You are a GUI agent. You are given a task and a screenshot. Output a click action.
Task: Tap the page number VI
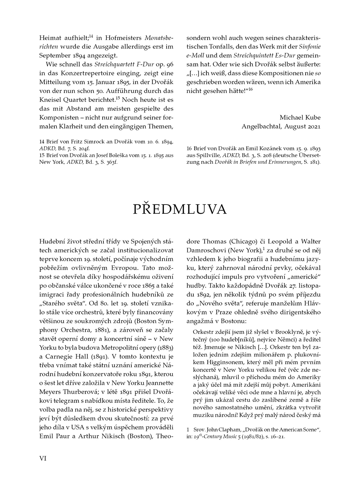(x=43, y=458)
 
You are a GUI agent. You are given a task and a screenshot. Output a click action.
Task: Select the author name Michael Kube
(x=300, y=117)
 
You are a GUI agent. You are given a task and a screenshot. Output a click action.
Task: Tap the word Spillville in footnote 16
(x=203, y=155)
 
